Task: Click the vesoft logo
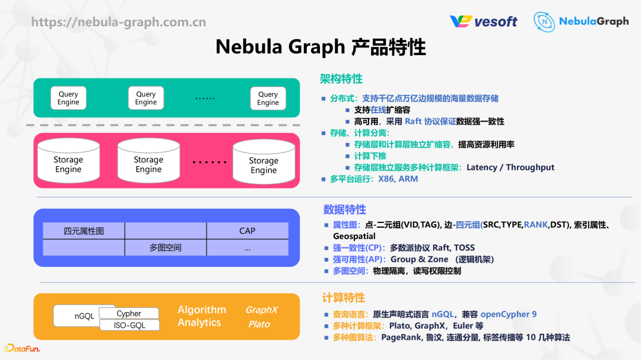[483, 21]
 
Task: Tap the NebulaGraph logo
[580, 21]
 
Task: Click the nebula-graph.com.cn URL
[119, 22]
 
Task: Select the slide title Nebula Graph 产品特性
[320, 46]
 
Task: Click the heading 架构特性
[341, 79]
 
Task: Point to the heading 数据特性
[344, 209]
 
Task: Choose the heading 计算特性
[343, 298]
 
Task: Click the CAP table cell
[247, 231]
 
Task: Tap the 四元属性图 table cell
[84, 231]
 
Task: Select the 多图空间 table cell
[165, 248]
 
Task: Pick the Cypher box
[129, 313]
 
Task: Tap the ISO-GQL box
[129, 325]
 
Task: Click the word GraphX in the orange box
[261, 310]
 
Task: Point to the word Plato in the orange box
[259, 324]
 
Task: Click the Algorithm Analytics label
[201, 316]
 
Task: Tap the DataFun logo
[21, 349]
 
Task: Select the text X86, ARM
[398, 179]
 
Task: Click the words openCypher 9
[508, 314]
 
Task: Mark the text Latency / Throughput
[510, 167]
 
